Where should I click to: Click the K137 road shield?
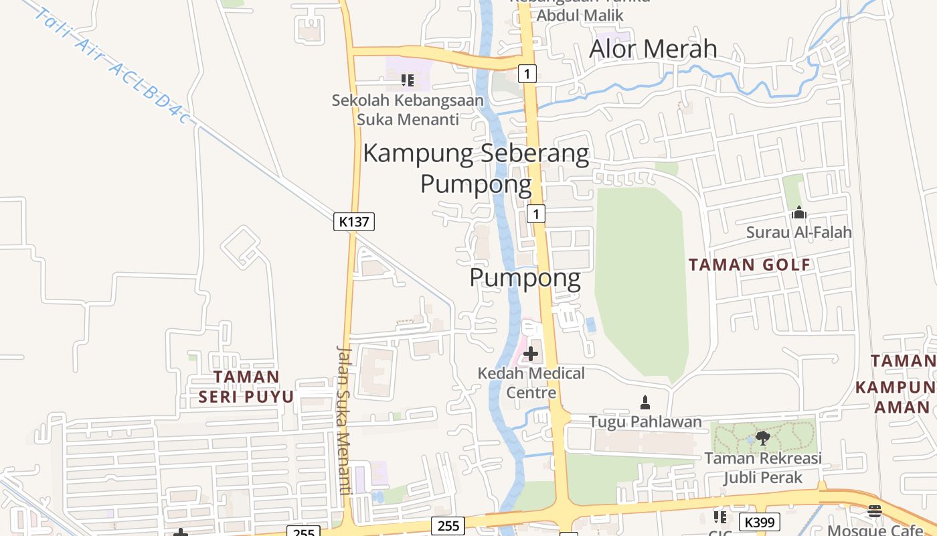coord(354,221)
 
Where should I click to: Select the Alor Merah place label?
coord(653,49)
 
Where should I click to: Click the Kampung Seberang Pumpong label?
coord(476,167)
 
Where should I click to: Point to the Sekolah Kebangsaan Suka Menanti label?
coord(408,109)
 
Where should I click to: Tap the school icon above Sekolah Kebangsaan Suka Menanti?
coord(407,81)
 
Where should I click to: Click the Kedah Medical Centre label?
coord(531,382)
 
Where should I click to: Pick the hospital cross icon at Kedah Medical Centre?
coord(531,353)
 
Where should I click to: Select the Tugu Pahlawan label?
coord(645,421)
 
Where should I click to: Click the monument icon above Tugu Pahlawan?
coord(645,402)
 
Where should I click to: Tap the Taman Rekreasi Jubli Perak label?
coord(762,468)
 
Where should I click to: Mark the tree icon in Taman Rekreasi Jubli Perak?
coord(762,439)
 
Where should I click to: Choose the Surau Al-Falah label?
coord(798,232)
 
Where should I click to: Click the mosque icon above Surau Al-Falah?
coord(798,213)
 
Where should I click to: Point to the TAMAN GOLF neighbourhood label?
coord(750,265)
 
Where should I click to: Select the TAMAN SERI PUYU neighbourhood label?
coord(246,387)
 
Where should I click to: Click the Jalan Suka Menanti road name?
coord(344,420)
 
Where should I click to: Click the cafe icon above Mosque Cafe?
coord(875,512)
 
